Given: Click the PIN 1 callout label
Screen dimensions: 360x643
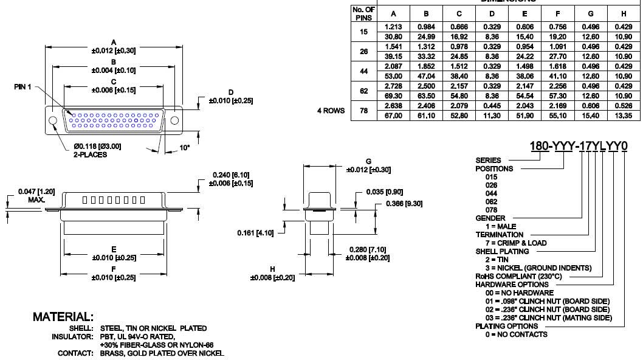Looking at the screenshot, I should click(x=22, y=87).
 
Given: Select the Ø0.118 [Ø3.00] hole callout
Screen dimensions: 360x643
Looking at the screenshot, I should click(x=97, y=146).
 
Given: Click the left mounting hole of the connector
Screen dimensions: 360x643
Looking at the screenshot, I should click(x=52, y=120).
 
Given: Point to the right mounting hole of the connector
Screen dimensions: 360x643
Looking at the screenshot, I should click(x=175, y=120).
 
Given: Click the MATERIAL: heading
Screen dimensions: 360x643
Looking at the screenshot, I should click(x=63, y=317).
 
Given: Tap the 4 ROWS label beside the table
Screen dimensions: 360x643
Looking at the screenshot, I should click(x=331, y=111).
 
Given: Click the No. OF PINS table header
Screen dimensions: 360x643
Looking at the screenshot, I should click(x=364, y=13).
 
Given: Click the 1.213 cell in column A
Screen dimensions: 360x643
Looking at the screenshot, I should click(x=394, y=27).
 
